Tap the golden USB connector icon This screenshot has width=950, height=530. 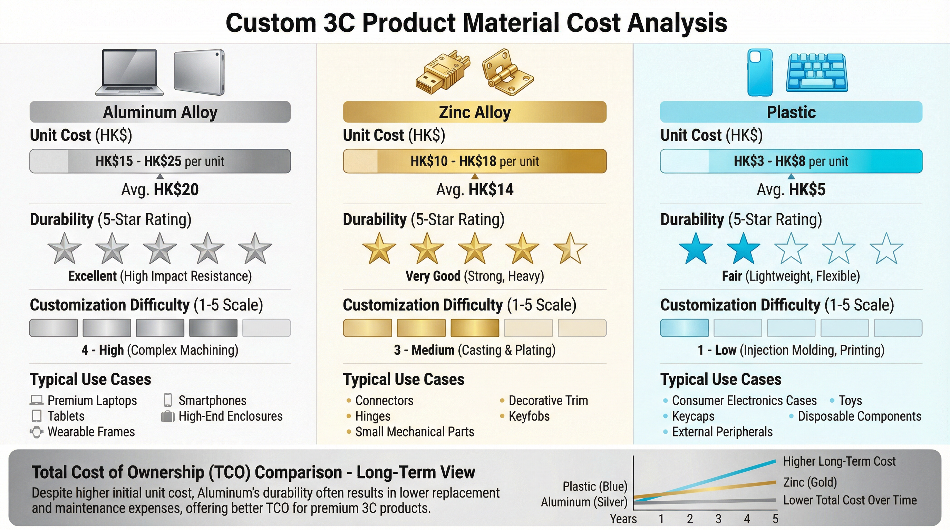tap(443, 72)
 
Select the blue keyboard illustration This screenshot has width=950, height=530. tap(817, 72)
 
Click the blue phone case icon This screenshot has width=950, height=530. tap(760, 72)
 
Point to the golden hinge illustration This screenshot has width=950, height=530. tap(507, 72)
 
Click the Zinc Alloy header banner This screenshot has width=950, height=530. tap(475, 112)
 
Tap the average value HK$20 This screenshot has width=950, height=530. tap(176, 190)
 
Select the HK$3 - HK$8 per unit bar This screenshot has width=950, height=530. tap(791, 161)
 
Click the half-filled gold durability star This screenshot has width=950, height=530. tap(570, 248)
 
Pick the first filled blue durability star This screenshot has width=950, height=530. tap(696, 248)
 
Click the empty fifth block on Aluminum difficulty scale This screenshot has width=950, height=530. tap(266, 328)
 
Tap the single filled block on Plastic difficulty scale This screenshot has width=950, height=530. tap(684, 328)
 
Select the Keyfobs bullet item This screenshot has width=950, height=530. tap(529, 416)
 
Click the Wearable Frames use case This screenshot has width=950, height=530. tap(91, 432)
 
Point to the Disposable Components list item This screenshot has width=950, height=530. tap(859, 416)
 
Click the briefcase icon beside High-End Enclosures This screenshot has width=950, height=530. tap(167, 416)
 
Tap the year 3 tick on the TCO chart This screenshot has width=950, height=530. tap(718, 519)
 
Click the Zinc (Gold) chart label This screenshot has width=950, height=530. tap(810, 482)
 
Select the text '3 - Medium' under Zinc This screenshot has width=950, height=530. tap(424, 350)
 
